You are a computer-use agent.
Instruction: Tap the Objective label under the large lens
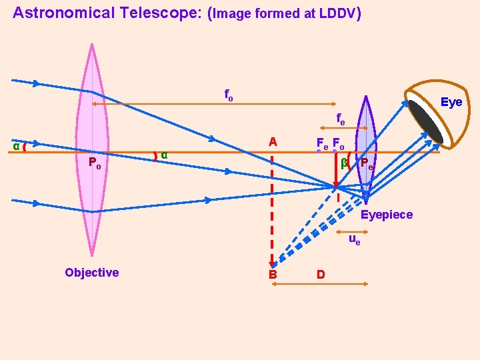coord(92,272)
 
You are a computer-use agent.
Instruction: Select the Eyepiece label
coord(386,215)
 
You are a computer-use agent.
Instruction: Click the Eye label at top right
coord(451,102)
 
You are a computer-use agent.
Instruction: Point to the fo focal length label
coord(228,96)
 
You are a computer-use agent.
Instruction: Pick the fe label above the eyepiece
coord(341,120)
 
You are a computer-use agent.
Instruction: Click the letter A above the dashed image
coord(272,142)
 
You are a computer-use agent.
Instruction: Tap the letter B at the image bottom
coord(272,274)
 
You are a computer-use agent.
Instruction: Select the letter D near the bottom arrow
coord(321,274)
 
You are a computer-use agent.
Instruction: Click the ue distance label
coord(355,239)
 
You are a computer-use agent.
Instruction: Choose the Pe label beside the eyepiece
coord(367,164)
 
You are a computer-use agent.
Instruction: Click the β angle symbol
coord(344,162)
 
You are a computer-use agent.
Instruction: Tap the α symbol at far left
coord(16,146)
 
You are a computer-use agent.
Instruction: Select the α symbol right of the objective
coord(164,155)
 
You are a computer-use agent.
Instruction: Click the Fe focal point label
coord(321,143)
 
